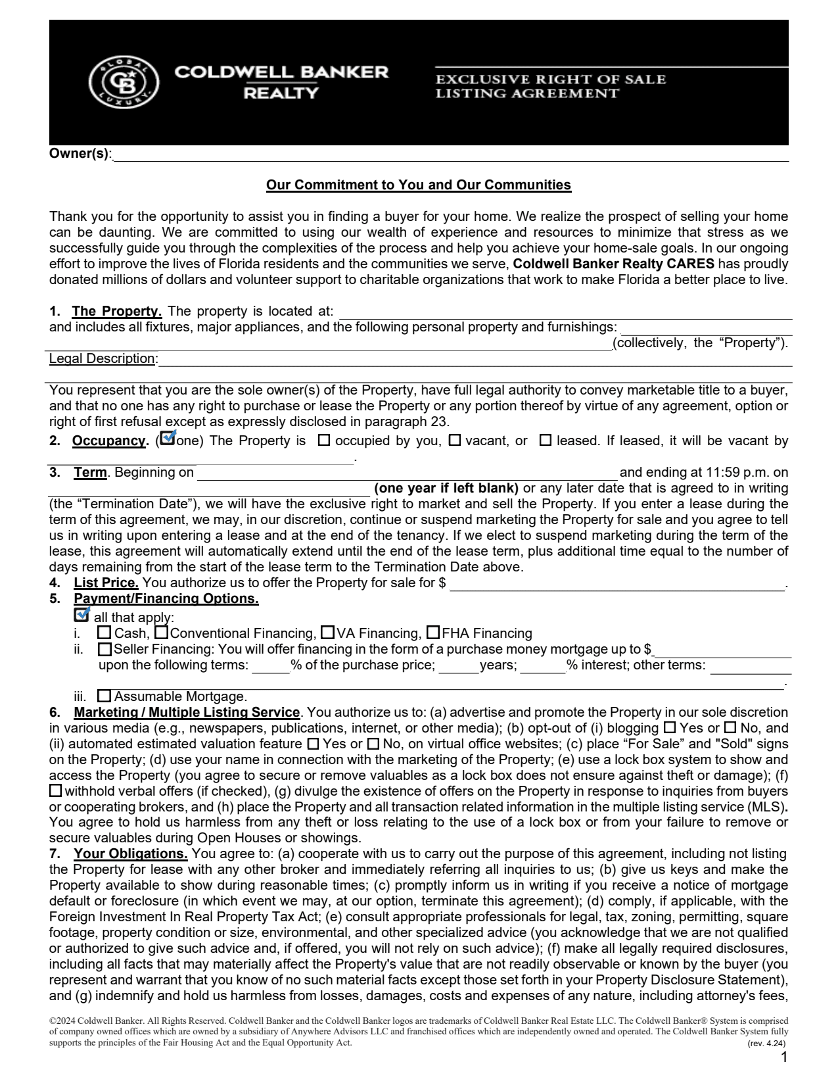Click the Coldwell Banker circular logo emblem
click(124, 82)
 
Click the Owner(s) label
click(80, 154)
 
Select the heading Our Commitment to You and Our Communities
click(419, 185)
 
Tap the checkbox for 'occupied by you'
click(323, 441)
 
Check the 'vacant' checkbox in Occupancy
click(454, 441)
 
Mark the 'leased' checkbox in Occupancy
click(545, 441)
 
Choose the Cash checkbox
click(104, 633)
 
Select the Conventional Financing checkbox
click(160, 633)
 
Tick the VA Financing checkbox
click(327, 633)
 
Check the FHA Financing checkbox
click(432, 633)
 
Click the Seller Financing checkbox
click(104, 650)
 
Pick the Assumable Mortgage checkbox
click(104, 696)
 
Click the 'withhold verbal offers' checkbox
click(56, 791)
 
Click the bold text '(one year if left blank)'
click(446, 489)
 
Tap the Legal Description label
click(103, 358)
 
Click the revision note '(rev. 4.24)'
click(767, 1044)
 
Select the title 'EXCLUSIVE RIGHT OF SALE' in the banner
click(551, 80)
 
